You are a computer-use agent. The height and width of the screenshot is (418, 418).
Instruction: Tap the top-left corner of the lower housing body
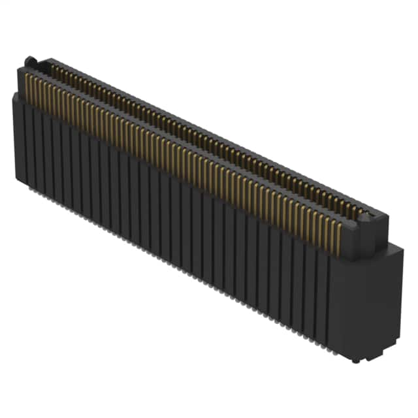(x=14, y=96)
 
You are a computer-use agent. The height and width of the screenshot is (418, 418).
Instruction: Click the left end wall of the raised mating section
(x=21, y=82)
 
